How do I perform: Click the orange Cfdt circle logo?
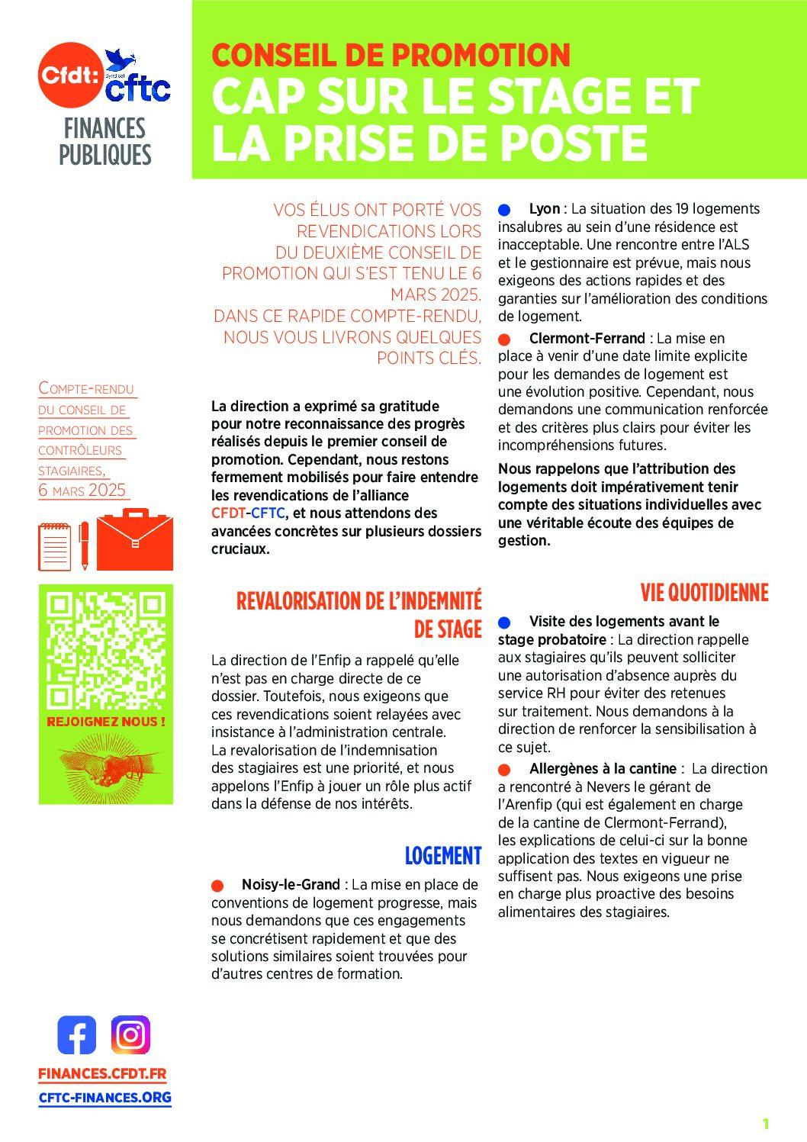click(70, 75)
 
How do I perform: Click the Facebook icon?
click(77, 1035)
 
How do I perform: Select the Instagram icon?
click(130, 1035)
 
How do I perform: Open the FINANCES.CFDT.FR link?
click(102, 1073)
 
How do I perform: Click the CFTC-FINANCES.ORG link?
click(105, 1098)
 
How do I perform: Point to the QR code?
click(106, 649)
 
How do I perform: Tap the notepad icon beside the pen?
click(54, 546)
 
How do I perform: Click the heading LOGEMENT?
click(442, 856)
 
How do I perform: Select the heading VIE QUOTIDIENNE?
click(704, 593)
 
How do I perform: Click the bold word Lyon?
click(544, 209)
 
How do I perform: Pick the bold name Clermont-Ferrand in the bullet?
click(587, 338)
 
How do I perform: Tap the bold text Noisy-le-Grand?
click(291, 885)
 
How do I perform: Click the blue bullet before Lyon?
click(504, 210)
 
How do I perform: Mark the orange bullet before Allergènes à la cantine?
click(504, 770)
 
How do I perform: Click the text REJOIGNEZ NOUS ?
click(106, 722)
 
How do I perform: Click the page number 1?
click(765, 1123)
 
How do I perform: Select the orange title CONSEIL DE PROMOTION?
click(391, 56)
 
